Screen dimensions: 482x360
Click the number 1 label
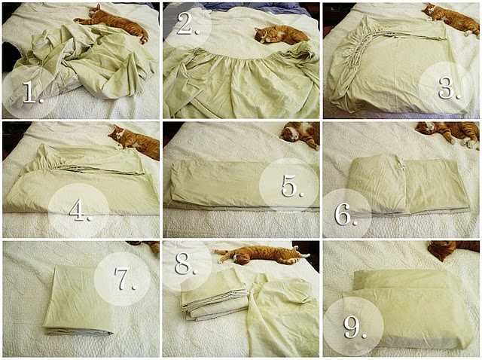(33, 92)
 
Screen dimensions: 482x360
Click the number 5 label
(294, 186)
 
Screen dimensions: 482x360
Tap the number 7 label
(125, 279)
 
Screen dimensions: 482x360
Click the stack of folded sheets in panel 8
(214, 297)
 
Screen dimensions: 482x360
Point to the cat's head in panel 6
(426, 127)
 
